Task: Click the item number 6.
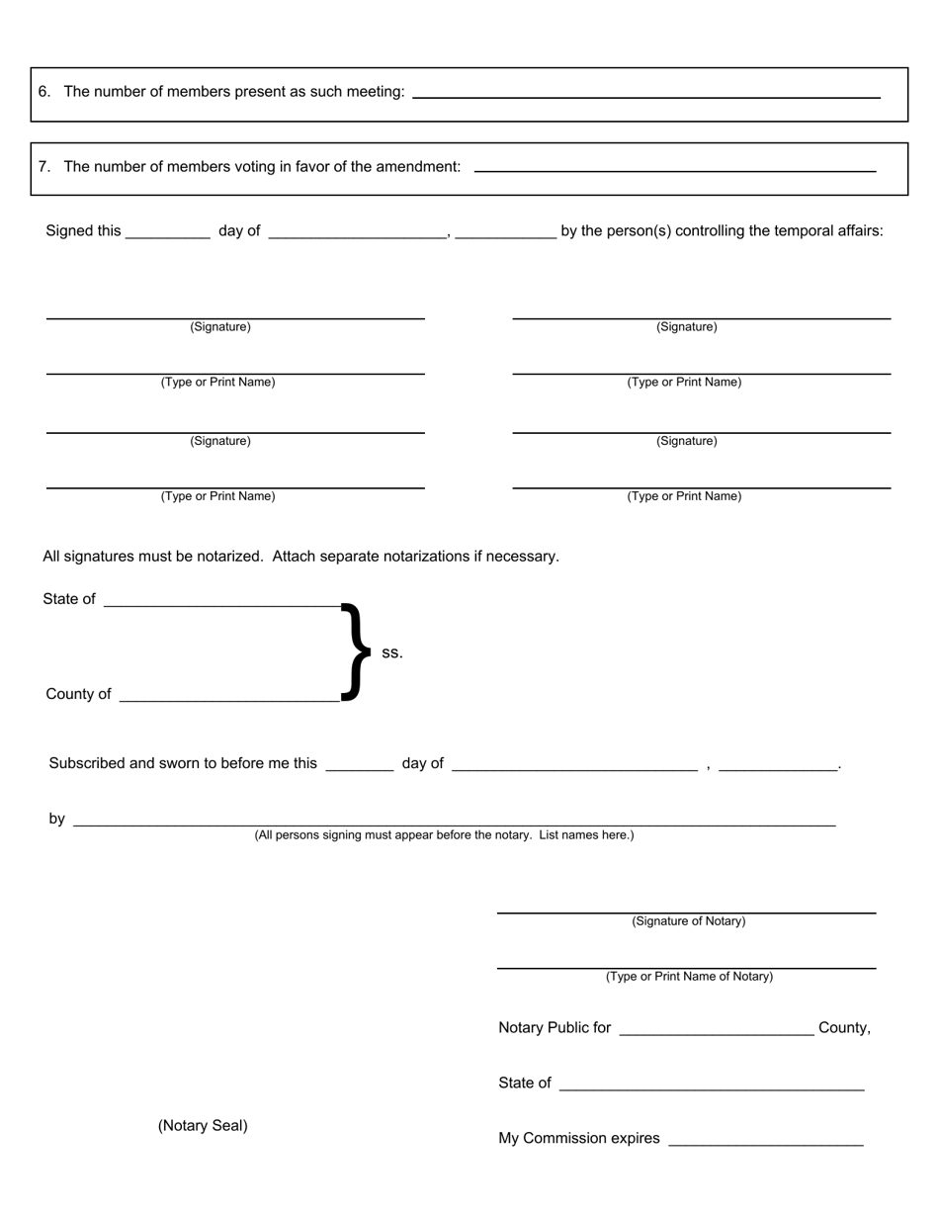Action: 44,92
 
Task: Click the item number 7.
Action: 44,167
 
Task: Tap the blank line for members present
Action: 645,95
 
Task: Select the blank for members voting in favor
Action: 675,169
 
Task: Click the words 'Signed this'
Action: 83,231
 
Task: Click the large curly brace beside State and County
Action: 355,651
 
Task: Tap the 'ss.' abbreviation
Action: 392,653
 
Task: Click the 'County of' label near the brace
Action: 78,695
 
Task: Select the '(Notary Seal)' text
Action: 203,1126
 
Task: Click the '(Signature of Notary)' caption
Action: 689,921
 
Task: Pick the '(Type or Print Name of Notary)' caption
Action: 689,977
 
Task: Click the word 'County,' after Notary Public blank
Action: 844,1028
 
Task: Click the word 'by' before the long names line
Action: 57,820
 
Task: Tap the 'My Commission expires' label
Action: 579,1139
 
